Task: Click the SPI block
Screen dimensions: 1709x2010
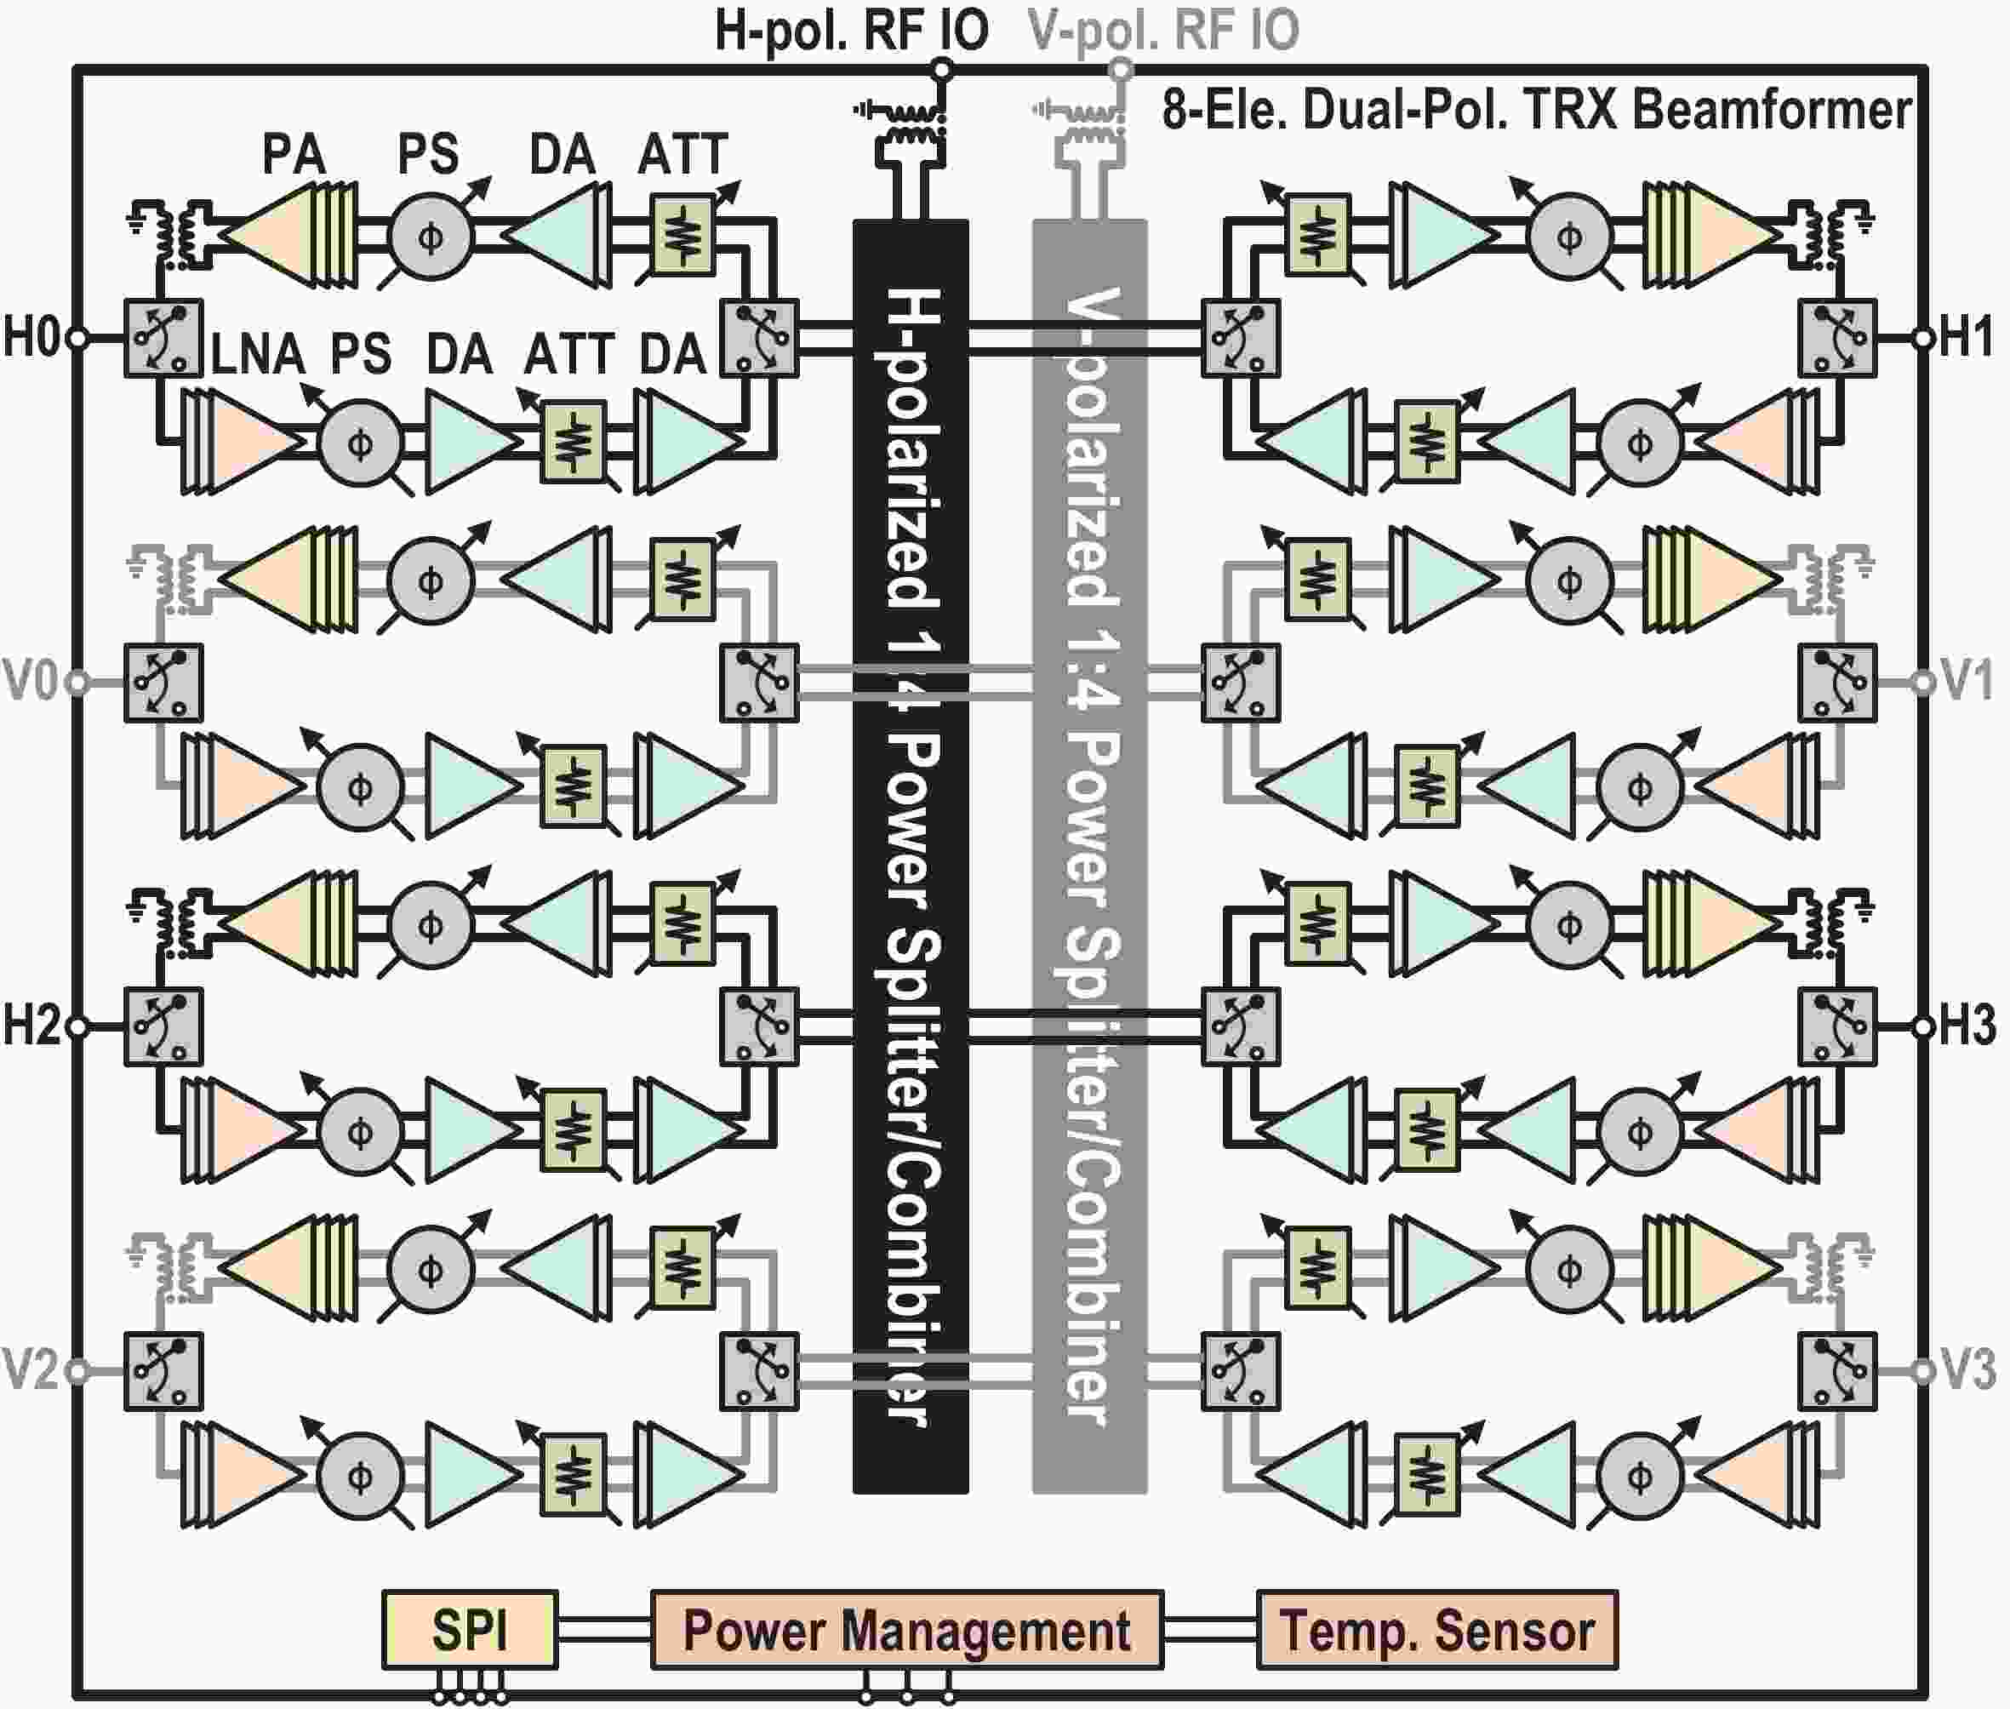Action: tap(470, 1630)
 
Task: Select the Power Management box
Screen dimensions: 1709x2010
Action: tap(906, 1630)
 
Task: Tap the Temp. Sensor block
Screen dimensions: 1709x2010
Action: tap(1436, 1630)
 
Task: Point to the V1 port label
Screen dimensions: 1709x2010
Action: tap(1967, 681)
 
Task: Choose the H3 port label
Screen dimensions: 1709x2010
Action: tap(1967, 1025)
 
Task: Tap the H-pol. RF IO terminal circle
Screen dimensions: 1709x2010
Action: tap(940, 70)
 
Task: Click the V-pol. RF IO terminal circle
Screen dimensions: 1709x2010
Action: tap(1120, 70)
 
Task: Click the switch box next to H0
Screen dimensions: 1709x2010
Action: tap(163, 338)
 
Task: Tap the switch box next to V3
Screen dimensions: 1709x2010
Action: tap(1837, 1371)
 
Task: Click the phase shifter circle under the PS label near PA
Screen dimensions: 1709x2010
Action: tap(431, 237)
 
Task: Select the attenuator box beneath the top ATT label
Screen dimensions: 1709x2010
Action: tap(683, 237)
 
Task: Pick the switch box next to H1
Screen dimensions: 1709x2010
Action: tap(1837, 338)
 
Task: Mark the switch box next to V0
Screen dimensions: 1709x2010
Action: tap(163, 682)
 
